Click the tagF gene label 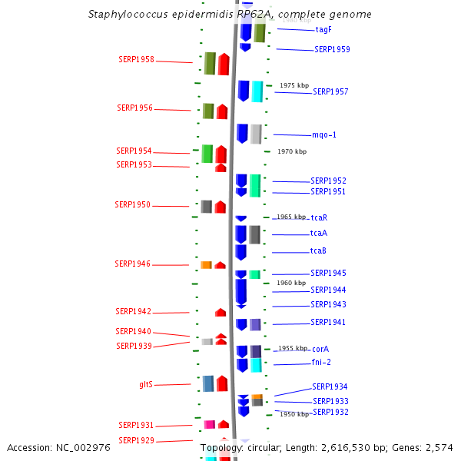[x=323, y=30]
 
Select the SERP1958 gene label [x=137, y=59]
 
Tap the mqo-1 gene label [x=324, y=135]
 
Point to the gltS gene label [x=146, y=384]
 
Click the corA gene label [x=320, y=349]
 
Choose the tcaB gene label [x=318, y=250]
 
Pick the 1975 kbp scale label [x=294, y=85]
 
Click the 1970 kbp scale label [x=292, y=151]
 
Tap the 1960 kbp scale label [x=291, y=283]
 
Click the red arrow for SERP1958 [x=224, y=64]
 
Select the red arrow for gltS [x=222, y=383]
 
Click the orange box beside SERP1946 [x=206, y=265]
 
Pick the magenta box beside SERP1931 [x=210, y=425]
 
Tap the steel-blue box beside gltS [x=208, y=383]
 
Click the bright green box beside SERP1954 [x=207, y=154]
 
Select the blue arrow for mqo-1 [x=242, y=134]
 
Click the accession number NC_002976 [x=83, y=448]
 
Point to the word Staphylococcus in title [x=128, y=15]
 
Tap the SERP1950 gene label [x=133, y=204]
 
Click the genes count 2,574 [x=439, y=448]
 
